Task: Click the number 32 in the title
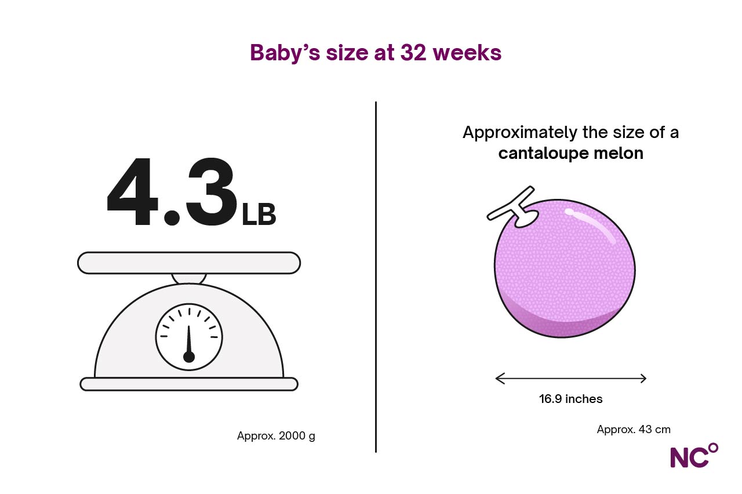click(x=413, y=53)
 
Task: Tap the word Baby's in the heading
click(x=285, y=53)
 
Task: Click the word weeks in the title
click(x=467, y=52)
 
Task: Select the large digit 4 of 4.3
click(x=133, y=191)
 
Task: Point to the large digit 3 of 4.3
click(x=212, y=191)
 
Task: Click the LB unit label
click(x=259, y=215)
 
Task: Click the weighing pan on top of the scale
click(x=189, y=263)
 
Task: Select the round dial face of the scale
click(x=189, y=337)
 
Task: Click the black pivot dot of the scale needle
click(x=189, y=357)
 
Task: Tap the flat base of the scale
click(x=189, y=384)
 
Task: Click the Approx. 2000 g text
click(x=276, y=435)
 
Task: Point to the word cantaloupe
click(x=543, y=153)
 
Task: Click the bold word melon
click(x=618, y=153)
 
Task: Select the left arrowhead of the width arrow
click(x=500, y=379)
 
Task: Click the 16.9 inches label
click(x=571, y=399)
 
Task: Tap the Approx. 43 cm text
click(x=634, y=430)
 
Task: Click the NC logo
click(x=694, y=455)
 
